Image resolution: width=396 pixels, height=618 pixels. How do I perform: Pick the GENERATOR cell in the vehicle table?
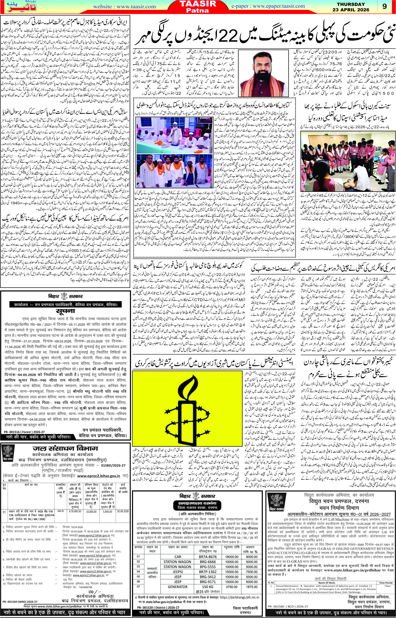(x=177, y=572)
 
